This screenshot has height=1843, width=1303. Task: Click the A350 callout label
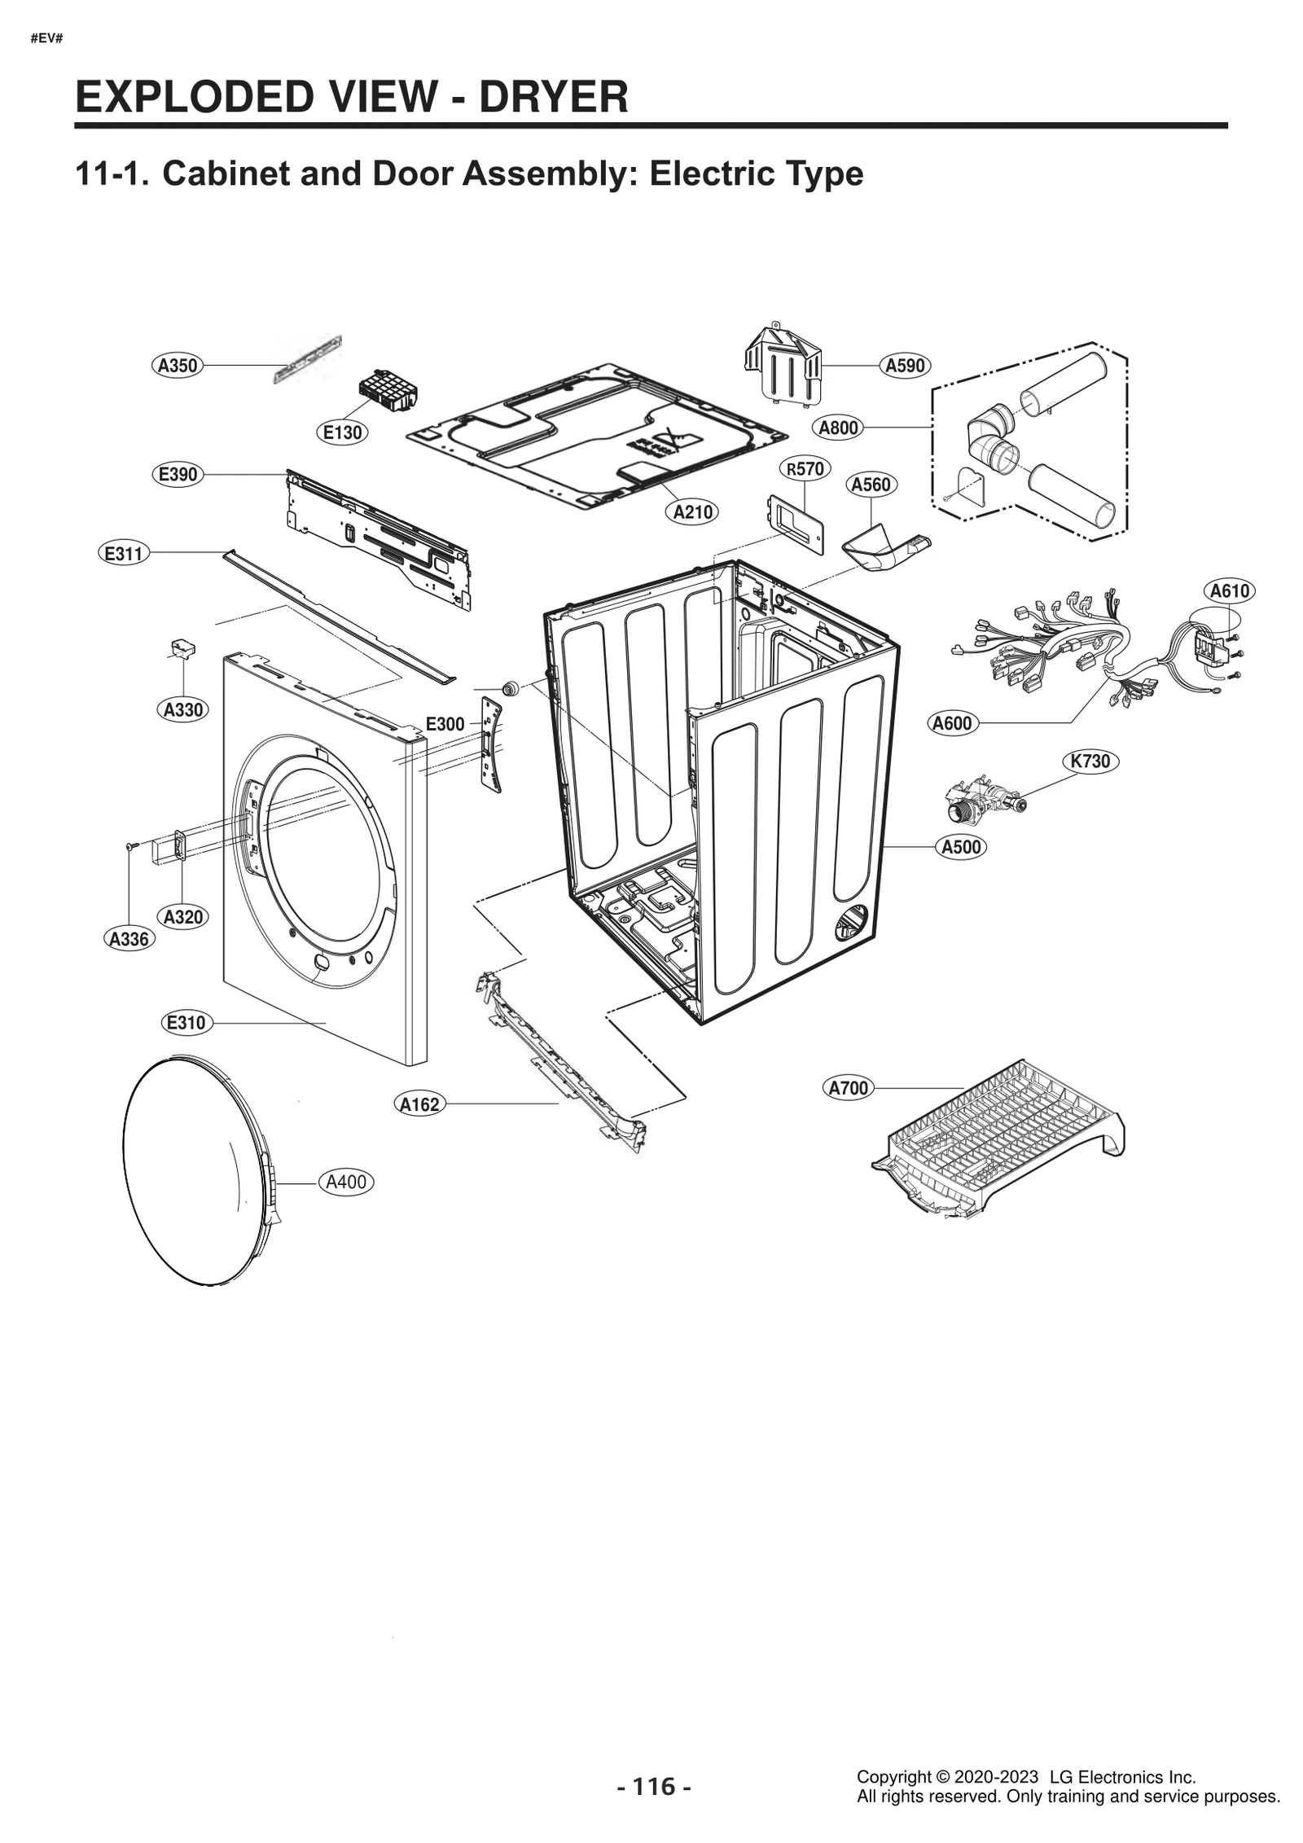coord(178,366)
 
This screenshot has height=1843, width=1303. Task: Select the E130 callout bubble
coord(342,432)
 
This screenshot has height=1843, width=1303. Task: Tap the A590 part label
coord(905,366)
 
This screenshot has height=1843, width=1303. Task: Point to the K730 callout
coord(1090,761)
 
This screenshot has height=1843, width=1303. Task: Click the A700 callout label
coord(848,1087)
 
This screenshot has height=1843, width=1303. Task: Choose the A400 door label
coord(346,1182)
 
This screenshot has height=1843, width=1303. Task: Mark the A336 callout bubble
coord(129,939)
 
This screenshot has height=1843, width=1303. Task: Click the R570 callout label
coord(805,468)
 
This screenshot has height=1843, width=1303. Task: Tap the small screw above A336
coord(129,847)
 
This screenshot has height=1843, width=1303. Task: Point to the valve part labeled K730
coord(981,801)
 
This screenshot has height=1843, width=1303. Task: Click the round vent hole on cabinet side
coord(851,922)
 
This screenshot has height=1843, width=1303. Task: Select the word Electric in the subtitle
coord(701,173)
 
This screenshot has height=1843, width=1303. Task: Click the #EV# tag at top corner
coord(47,38)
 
